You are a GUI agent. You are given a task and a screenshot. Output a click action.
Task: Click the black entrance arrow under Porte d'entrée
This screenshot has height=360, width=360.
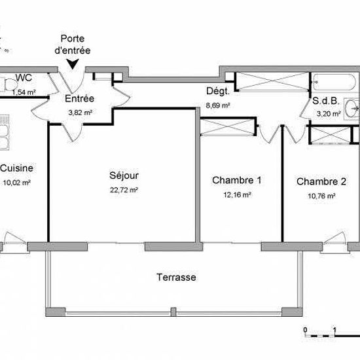coord(73,64)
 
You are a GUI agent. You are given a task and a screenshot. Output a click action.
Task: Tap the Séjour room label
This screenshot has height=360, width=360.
coord(124,175)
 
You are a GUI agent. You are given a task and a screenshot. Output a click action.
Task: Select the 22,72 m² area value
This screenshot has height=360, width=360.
coord(124,190)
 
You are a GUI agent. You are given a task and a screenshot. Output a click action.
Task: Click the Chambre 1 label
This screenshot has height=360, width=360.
coord(237,180)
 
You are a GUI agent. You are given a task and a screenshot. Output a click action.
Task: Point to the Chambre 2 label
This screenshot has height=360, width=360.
coord(321,181)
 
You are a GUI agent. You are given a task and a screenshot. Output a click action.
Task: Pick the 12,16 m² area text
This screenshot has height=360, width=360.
coord(237,195)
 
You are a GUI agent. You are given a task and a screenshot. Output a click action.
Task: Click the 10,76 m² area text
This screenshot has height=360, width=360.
coord(321,196)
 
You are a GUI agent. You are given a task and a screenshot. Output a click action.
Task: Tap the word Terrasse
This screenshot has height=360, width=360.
coord(176,278)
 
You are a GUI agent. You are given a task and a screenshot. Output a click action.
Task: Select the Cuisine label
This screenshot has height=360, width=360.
coord(17,168)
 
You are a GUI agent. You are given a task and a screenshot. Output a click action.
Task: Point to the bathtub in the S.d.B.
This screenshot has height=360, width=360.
coord(334,82)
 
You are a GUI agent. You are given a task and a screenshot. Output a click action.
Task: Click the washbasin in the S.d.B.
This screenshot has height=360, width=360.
coord(351,109)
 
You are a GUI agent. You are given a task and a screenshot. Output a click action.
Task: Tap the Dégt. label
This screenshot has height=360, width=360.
coord(218,92)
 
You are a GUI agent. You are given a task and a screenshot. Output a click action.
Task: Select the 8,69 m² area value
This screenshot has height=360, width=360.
coord(218,105)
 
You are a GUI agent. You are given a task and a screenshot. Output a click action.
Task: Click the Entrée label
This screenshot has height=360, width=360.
coord(79,99)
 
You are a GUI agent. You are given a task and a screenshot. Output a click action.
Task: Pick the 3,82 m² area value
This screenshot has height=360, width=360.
coord(80,113)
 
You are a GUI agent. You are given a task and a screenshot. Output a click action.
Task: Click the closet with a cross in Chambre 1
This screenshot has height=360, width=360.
coord(228,126)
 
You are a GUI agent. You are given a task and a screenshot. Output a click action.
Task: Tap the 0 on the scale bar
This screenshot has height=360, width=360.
coord(305,330)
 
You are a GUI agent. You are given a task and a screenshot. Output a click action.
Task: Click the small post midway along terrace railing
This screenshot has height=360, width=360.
coord(173,312)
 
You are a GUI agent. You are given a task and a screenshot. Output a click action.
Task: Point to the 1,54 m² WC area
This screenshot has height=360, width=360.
coord(24,92)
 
